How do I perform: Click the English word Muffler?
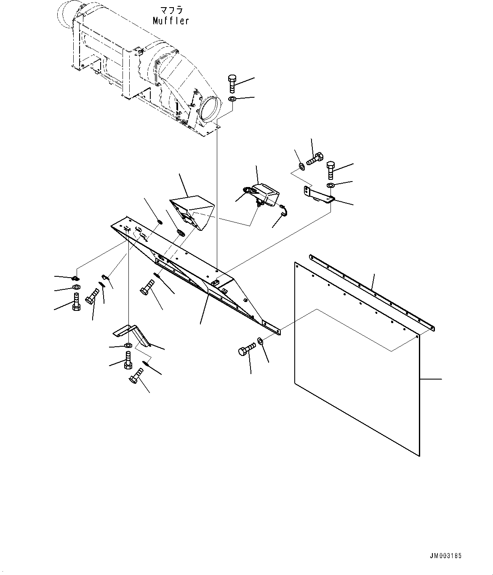click(171, 21)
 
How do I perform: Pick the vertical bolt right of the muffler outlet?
click(232, 84)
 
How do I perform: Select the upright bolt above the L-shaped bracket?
click(330, 169)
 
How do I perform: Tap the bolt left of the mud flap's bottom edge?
click(247, 350)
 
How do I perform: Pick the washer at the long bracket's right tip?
click(260, 340)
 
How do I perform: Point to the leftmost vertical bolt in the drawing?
click(76, 302)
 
